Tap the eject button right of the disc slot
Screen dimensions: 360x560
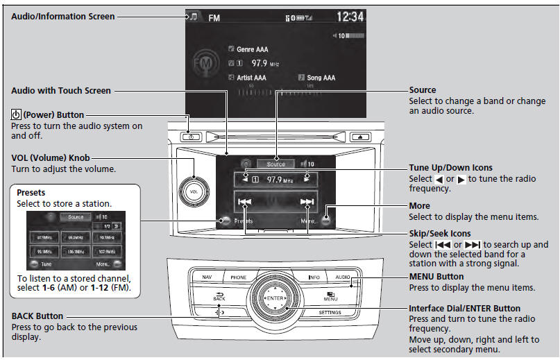pyautogui.click(x=362, y=137)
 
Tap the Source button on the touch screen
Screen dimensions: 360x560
pyautogui.click(x=275, y=164)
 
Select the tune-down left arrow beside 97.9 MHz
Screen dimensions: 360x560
pyautogui.click(x=246, y=179)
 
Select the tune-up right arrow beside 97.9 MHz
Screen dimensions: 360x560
pyautogui.click(x=307, y=179)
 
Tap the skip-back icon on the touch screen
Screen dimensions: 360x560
pyautogui.click(x=245, y=203)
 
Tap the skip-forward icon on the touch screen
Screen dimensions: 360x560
pyautogui.click(x=307, y=203)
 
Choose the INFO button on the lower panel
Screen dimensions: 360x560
pyautogui.click(x=314, y=277)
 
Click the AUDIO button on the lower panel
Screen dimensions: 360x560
pyautogui.click(x=343, y=277)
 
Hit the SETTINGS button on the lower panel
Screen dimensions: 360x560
pyautogui.click(x=330, y=313)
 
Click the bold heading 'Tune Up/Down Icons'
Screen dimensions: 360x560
pyautogui.click(x=450, y=168)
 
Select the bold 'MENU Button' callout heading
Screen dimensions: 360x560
pyautogui.click(x=436, y=277)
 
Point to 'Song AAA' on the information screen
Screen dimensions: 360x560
pyautogui.click(x=321, y=78)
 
